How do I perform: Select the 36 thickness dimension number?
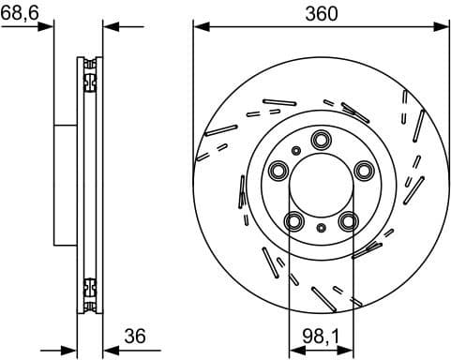coord(136,335)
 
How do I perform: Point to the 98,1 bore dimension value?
coord(320,334)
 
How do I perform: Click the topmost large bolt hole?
coord(320,141)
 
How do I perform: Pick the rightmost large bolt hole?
coord(363,171)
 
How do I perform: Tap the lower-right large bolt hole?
coord(348,220)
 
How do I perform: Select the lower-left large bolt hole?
coord(293,221)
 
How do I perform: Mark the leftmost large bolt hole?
coord(278,171)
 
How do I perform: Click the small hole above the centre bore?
coord(296,150)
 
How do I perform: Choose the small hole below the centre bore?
coord(321,228)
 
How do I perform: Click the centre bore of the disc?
coord(321,185)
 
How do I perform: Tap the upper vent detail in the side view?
coord(90,75)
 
